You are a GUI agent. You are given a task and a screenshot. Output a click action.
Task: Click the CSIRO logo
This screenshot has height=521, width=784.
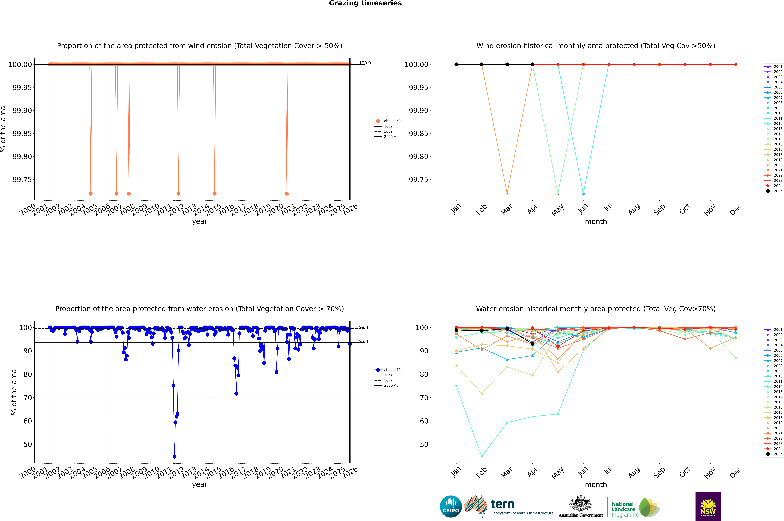[x=451, y=506]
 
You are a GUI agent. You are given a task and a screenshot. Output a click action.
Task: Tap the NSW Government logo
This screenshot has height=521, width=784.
[x=708, y=506]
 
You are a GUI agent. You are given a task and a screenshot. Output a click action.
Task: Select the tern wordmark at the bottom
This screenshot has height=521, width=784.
[x=503, y=504]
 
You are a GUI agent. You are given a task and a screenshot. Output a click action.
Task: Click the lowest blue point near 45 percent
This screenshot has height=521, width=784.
[x=175, y=457]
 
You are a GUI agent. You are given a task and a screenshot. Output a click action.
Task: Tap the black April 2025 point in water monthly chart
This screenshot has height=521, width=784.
[x=532, y=344]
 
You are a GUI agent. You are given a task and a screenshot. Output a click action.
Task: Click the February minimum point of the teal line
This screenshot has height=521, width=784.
[x=482, y=457]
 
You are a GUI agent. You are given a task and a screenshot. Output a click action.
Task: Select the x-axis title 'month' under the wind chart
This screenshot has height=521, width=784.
[x=596, y=222]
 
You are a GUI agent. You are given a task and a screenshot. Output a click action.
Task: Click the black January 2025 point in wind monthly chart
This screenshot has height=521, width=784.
[x=456, y=64]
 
